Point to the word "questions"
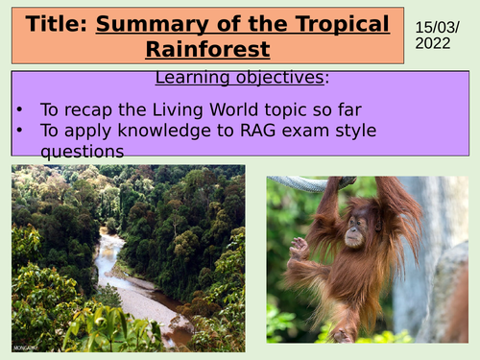pyautogui.click(x=78, y=151)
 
